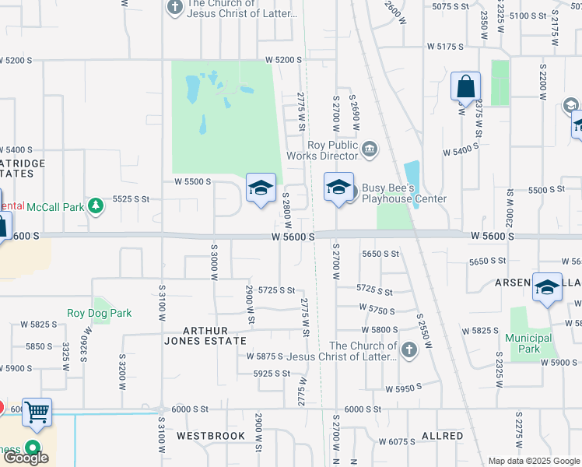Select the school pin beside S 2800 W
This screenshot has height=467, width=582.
261,189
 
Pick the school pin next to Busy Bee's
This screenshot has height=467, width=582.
338,188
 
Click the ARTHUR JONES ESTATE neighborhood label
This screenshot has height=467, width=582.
205,335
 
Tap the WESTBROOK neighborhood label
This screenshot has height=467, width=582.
210,436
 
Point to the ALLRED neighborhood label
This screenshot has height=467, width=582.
442,436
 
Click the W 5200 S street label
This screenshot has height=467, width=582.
283,59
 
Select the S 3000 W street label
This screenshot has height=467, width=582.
213,260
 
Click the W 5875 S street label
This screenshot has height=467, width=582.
265,356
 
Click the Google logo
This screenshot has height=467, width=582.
26,458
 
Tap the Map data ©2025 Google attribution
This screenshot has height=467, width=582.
534,461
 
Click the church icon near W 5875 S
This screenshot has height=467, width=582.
408,350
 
